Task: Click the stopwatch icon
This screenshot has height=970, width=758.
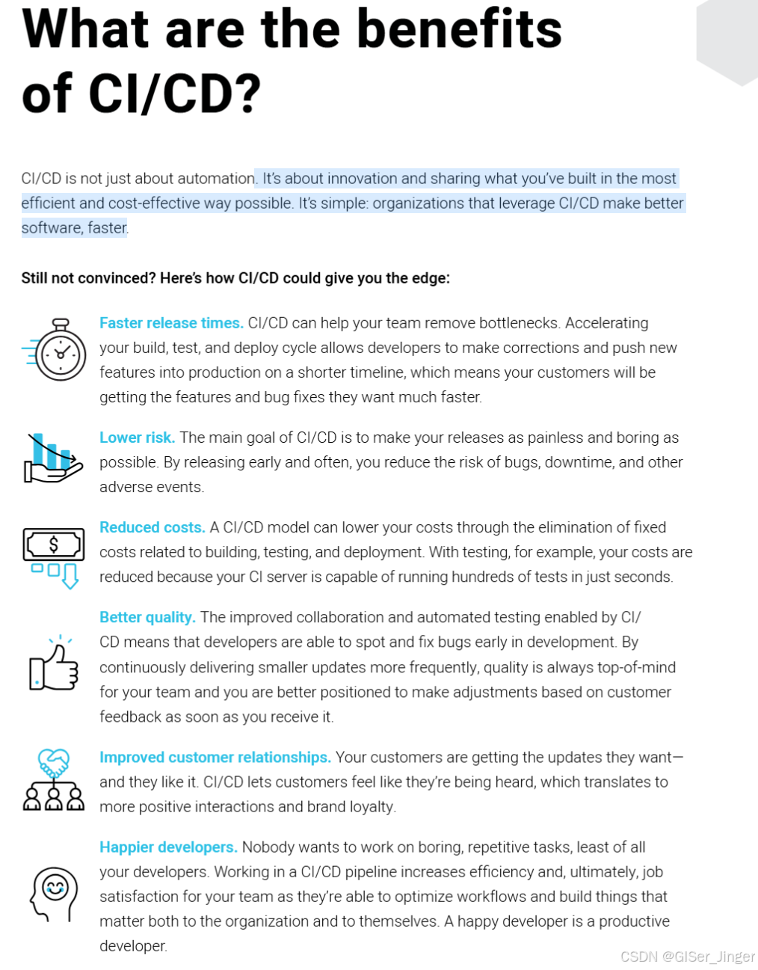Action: (x=58, y=350)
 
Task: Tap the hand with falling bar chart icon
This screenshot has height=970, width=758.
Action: (x=52, y=458)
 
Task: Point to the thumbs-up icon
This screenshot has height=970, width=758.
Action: (x=54, y=665)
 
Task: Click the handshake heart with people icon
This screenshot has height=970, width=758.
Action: (x=54, y=779)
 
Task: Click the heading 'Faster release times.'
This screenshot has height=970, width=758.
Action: (x=171, y=323)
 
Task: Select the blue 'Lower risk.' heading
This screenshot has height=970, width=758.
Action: (x=137, y=438)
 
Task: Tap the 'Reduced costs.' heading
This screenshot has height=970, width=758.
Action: (x=152, y=527)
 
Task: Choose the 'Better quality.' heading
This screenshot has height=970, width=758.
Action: (x=147, y=617)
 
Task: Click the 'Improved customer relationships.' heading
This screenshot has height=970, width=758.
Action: (x=215, y=757)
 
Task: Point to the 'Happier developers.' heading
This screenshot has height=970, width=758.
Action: (x=168, y=847)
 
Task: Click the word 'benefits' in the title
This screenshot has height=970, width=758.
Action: (x=459, y=30)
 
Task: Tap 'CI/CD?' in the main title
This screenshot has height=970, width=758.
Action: (x=175, y=95)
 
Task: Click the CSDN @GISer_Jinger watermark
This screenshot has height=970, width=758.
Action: (x=687, y=957)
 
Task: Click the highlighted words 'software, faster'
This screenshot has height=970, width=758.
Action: (x=74, y=228)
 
